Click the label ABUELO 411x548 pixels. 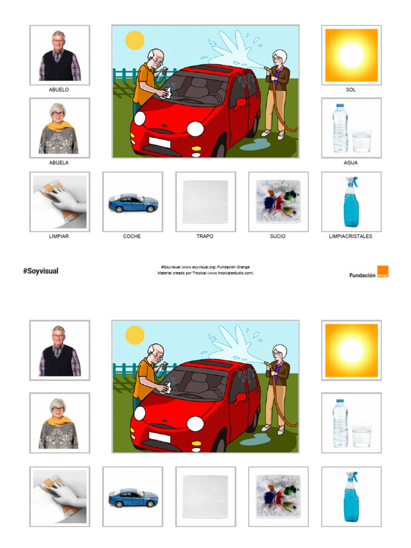pyautogui.click(x=59, y=90)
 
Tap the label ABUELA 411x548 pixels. pyautogui.click(x=59, y=163)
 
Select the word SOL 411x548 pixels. pyautogui.click(x=351, y=90)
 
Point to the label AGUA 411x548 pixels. pyautogui.click(x=351, y=163)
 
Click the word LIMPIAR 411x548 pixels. pyautogui.click(x=59, y=236)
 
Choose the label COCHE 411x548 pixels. pyautogui.click(x=132, y=236)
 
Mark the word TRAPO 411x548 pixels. pyautogui.click(x=205, y=236)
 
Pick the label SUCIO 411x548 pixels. pyautogui.click(x=278, y=236)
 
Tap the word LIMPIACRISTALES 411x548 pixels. pyautogui.click(x=351, y=236)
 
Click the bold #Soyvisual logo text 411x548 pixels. pyautogui.click(x=41, y=271)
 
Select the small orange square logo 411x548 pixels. pyautogui.click(x=383, y=271)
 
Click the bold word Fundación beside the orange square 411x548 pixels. pyautogui.click(x=362, y=275)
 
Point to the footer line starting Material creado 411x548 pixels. pyautogui.click(x=205, y=273)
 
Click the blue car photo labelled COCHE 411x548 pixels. pyautogui.click(x=133, y=202)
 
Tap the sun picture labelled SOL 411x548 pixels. pyautogui.click(x=351, y=55)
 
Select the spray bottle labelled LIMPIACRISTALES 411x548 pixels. pyautogui.click(x=351, y=202)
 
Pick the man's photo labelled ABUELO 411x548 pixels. pyautogui.click(x=59, y=55)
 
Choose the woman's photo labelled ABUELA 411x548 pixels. pyautogui.click(x=59, y=128)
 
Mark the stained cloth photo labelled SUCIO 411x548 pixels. pyautogui.click(x=278, y=202)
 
